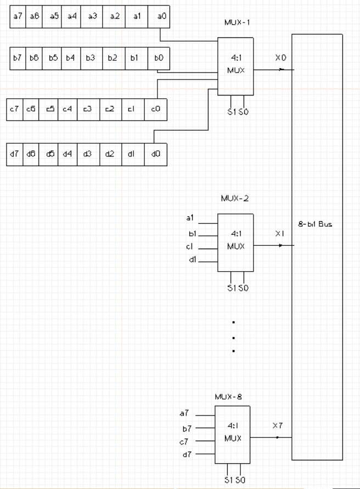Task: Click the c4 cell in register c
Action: (67, 109)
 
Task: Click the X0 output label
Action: (280, 57)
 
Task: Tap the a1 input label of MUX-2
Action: (190, 218)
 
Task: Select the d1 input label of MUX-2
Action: (190, 260)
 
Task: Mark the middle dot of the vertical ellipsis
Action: (234, 336)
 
